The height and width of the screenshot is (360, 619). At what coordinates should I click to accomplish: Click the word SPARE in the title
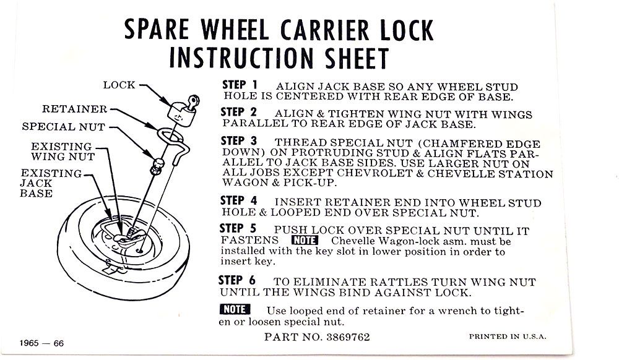(157, 30)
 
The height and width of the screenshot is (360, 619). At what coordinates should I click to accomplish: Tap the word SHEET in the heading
(357, 58)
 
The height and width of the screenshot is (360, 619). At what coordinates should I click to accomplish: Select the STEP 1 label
(240, 85)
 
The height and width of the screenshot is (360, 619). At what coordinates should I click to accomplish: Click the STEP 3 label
(239, 141)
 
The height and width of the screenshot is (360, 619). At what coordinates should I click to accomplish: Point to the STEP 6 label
(237, 280)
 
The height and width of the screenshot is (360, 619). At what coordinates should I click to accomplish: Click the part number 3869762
(348, 337)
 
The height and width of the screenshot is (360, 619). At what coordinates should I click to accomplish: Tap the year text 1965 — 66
(41, 343)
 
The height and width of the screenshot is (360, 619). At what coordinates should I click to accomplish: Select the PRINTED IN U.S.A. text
(508, 336)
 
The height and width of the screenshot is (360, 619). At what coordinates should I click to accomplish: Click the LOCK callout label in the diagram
(119, 85)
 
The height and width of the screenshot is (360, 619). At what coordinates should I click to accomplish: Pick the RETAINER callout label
(75, 109)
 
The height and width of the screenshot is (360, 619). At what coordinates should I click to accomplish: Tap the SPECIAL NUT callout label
(64, 127)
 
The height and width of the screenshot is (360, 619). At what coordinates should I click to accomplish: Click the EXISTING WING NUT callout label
(63, 152)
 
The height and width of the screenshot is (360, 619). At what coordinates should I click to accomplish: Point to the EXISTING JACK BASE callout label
(51, 183)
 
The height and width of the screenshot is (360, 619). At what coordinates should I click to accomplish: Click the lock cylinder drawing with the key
(183, 108)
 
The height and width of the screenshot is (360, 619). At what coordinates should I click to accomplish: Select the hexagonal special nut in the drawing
(157, 166)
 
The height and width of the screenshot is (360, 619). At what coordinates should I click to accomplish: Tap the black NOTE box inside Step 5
(305, 240)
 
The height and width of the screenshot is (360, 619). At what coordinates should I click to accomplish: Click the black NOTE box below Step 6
(235, 309)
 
